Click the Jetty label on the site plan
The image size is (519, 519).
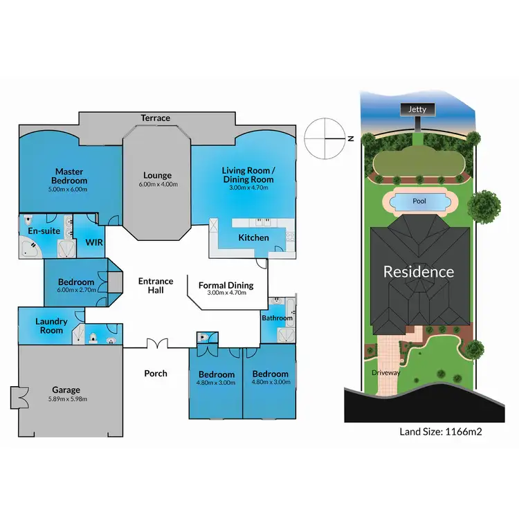417,109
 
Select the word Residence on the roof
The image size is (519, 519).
419,271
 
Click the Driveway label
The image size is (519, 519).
386,372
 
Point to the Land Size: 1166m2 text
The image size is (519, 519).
440,432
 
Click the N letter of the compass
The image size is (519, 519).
351,138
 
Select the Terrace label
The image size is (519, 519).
156,118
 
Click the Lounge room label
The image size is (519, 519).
157,176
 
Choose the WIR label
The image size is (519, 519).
93,243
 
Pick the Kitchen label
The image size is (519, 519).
253,238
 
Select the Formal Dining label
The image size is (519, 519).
226,285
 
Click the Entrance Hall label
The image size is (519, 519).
156,286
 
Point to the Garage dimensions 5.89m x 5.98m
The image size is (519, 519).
66,399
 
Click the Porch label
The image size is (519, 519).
156,374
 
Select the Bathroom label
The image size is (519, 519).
277,318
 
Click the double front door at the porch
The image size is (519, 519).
156,343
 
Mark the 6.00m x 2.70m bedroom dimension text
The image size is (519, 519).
76,290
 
